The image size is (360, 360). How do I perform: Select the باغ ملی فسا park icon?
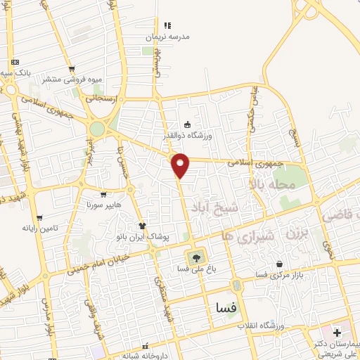(x=193, y=256)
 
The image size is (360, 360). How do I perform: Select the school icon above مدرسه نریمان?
(x=167, y=25)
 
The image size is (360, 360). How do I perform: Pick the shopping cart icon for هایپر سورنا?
(x=103, y=195)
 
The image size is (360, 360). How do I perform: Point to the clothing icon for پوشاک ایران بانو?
(x=142, y=226)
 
